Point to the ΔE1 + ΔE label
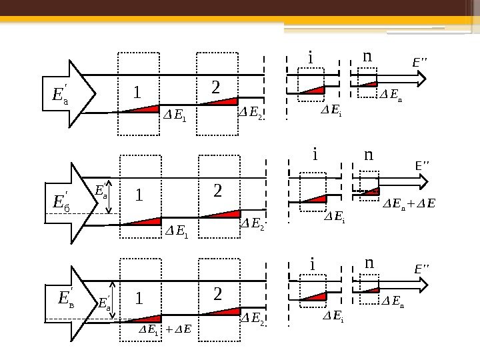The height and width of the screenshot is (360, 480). click(x=165, y=329)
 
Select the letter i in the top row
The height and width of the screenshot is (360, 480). click(x=310, y=59)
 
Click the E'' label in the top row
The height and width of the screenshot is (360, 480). click(x=419, y=63)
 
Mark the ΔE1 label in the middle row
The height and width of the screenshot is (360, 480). click(x=177, y=231)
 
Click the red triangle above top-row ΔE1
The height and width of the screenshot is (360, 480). click(x=146, y=109)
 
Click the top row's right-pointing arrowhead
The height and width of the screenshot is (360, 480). click(x=423, y=79)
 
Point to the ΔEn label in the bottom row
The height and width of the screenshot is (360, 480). click(x=391, y=304)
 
